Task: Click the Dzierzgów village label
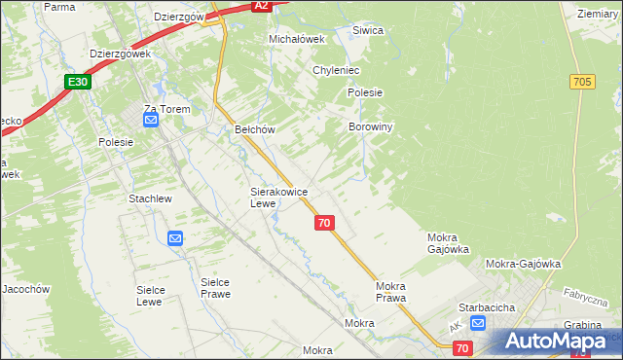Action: pyautogui.click(x=178, y=17)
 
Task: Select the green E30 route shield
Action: pyautogui.click(x=79, y=83)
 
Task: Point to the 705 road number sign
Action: pyautogui.click(x=583, y=83)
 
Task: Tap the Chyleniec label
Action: pyautogui.click(x=337, y=71)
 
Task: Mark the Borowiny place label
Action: pyautogui.click(x=370, y=126)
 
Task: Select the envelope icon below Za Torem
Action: pyautogui.click(x=151, y=121)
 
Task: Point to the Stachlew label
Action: pyautogui.click(x=150, y=198)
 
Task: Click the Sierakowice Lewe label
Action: pyautogui.click(x=278, y=198)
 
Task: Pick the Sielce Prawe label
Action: pyautogui.click(x=215, y=288)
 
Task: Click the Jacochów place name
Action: pyautogui.click(x=24, y=289)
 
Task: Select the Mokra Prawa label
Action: pyautogui.click(x=390, y=292)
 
